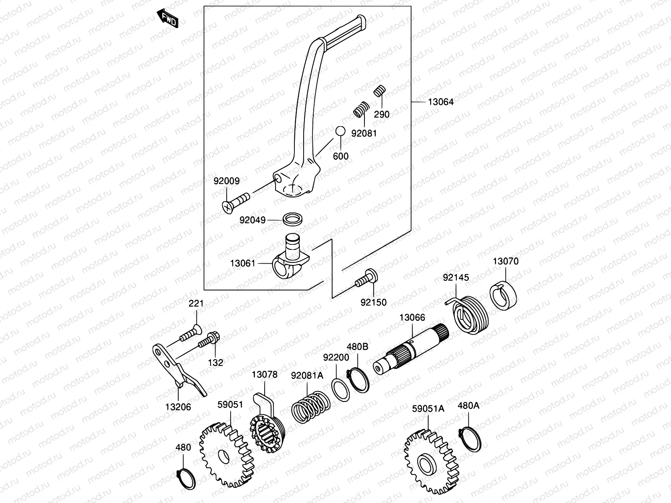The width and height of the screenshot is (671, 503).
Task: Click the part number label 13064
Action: pos(440,102)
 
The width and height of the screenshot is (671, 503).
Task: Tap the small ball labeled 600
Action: pos(340,131)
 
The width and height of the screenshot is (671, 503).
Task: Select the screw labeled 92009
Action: pos(236,202)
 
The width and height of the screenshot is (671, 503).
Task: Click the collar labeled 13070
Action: pos(503,295)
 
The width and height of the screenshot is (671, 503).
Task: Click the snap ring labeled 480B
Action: pos(358,380)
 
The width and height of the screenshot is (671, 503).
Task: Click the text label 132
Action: pos(216,363)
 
